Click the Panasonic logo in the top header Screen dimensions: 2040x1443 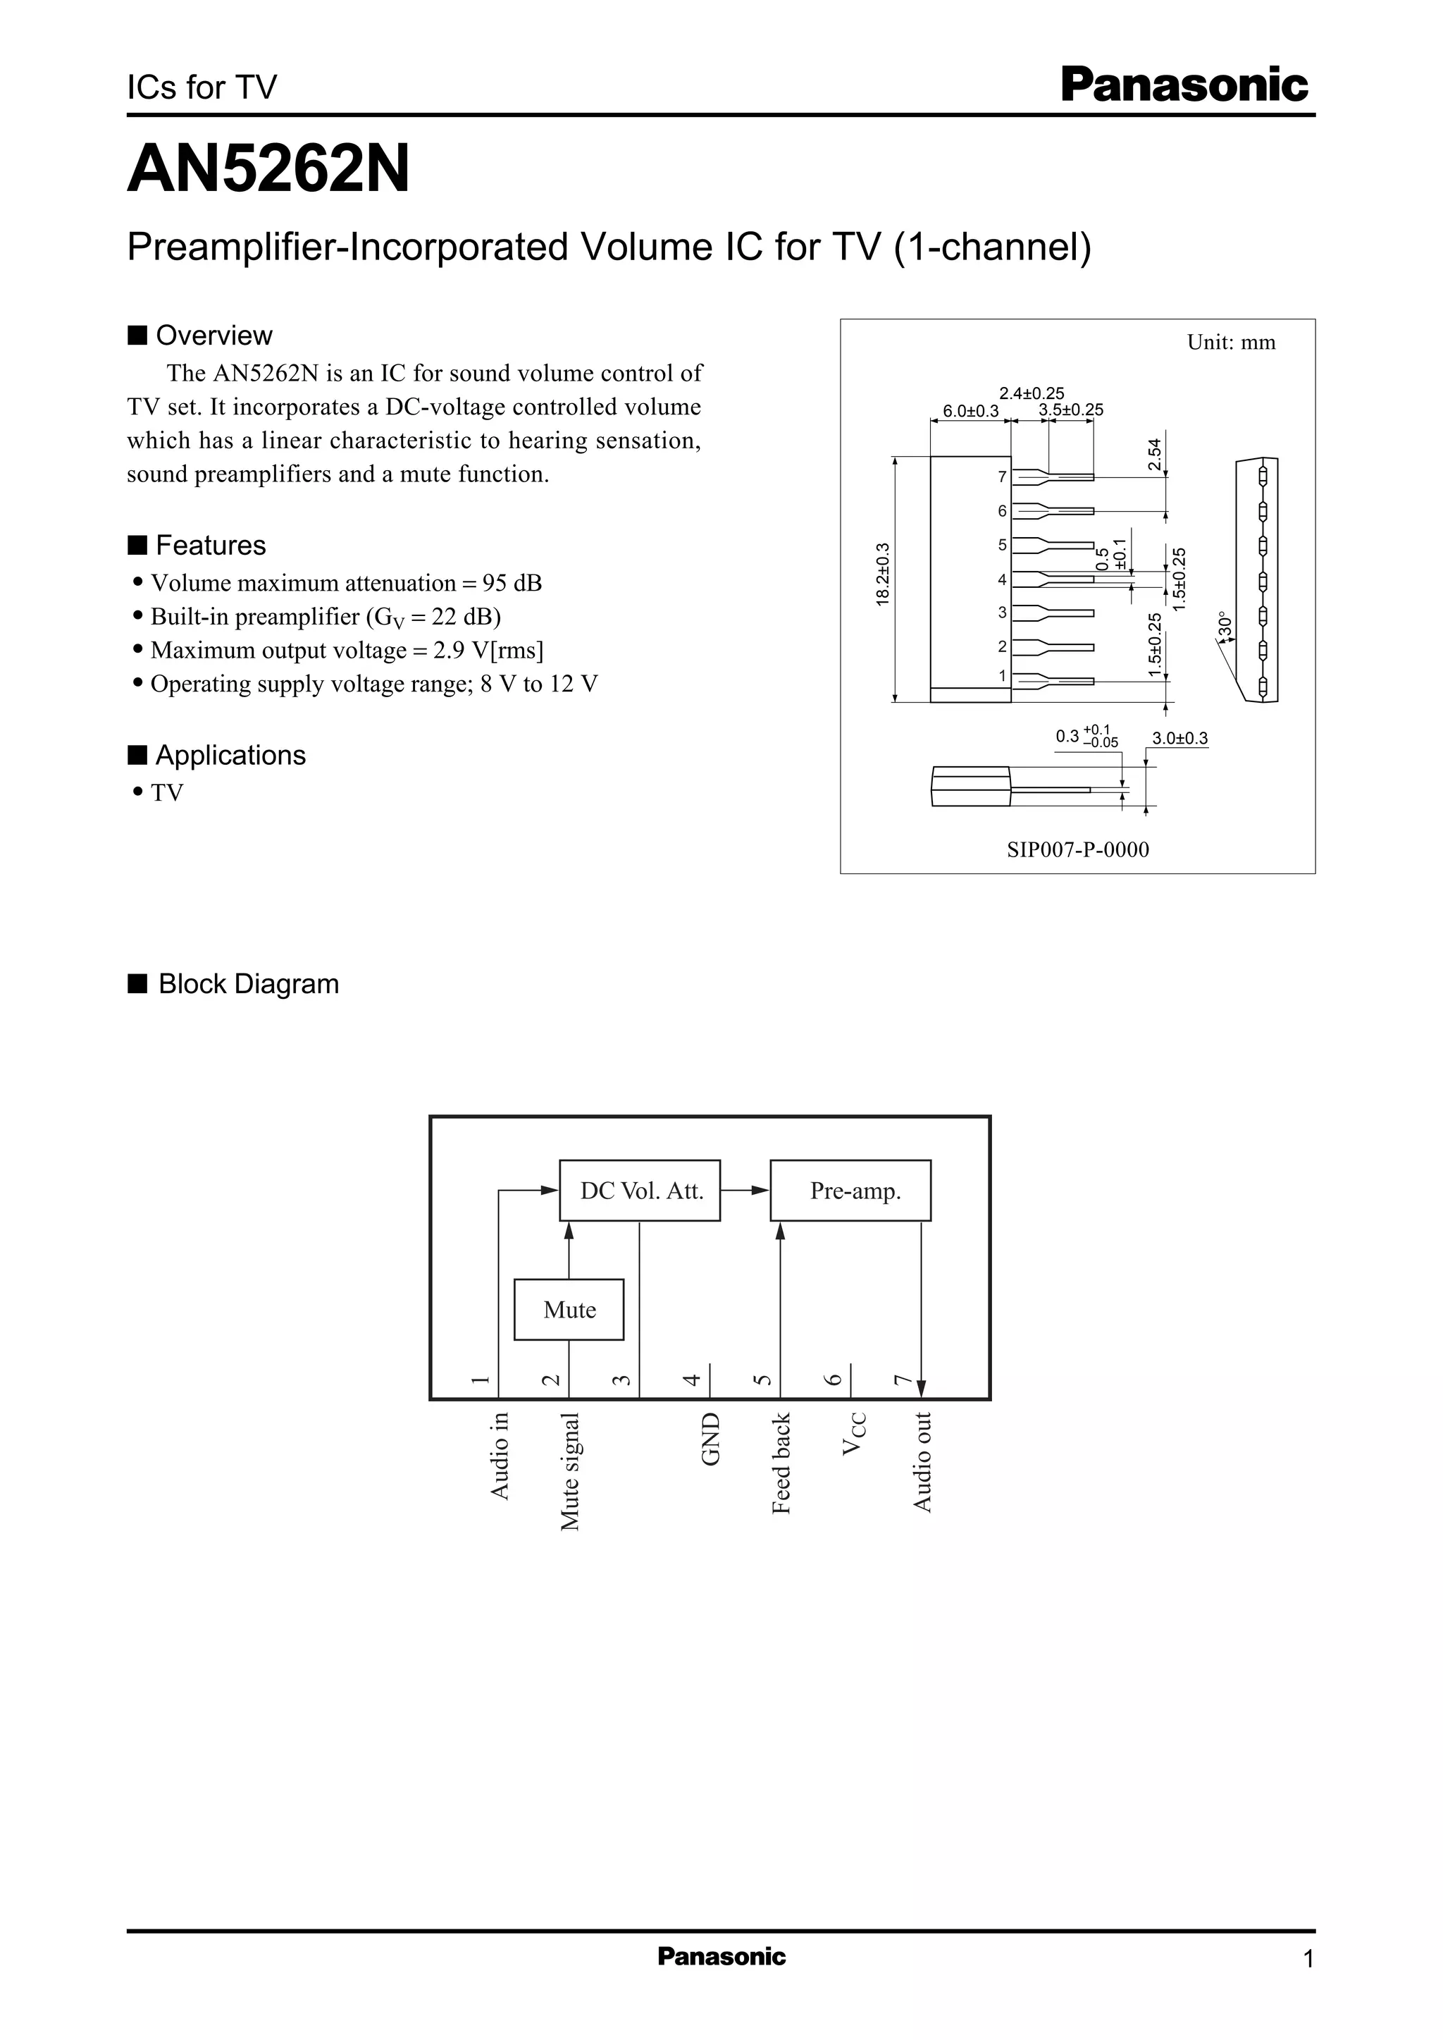[1184, 86]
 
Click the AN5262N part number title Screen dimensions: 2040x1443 [268, 169]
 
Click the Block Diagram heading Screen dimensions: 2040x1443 [248, 984]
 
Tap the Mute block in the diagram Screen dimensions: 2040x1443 [569, 1309]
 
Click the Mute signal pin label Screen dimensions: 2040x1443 [569, 1471]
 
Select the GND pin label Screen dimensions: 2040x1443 [711, 1439]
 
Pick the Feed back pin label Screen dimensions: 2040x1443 [781, 1463]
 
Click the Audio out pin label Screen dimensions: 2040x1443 [922, 1461]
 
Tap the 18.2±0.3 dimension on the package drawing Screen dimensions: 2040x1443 [882, 575]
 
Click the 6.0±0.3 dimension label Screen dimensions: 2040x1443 [970, 411]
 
